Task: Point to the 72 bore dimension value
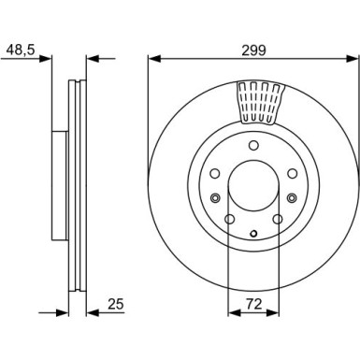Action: point(252,304)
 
